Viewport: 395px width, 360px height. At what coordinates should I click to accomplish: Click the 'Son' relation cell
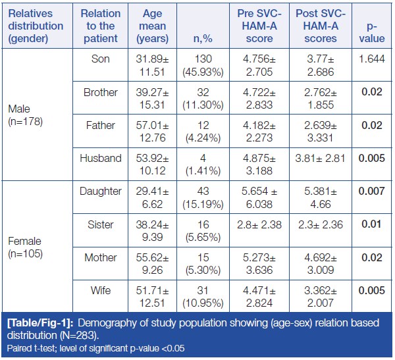pyautogui.click(x=101, y=59)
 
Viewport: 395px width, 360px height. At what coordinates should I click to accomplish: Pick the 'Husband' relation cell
pyautogui.click(x=101, y=158)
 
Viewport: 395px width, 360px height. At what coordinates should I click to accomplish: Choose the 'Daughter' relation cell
pyautogui.click(x=101, y=191)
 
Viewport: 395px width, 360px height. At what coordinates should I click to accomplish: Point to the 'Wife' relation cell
pyautogui.click(x=101, y=290)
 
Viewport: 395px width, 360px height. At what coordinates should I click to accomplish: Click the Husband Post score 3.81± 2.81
pyautogui.click(x=323, y=159)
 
